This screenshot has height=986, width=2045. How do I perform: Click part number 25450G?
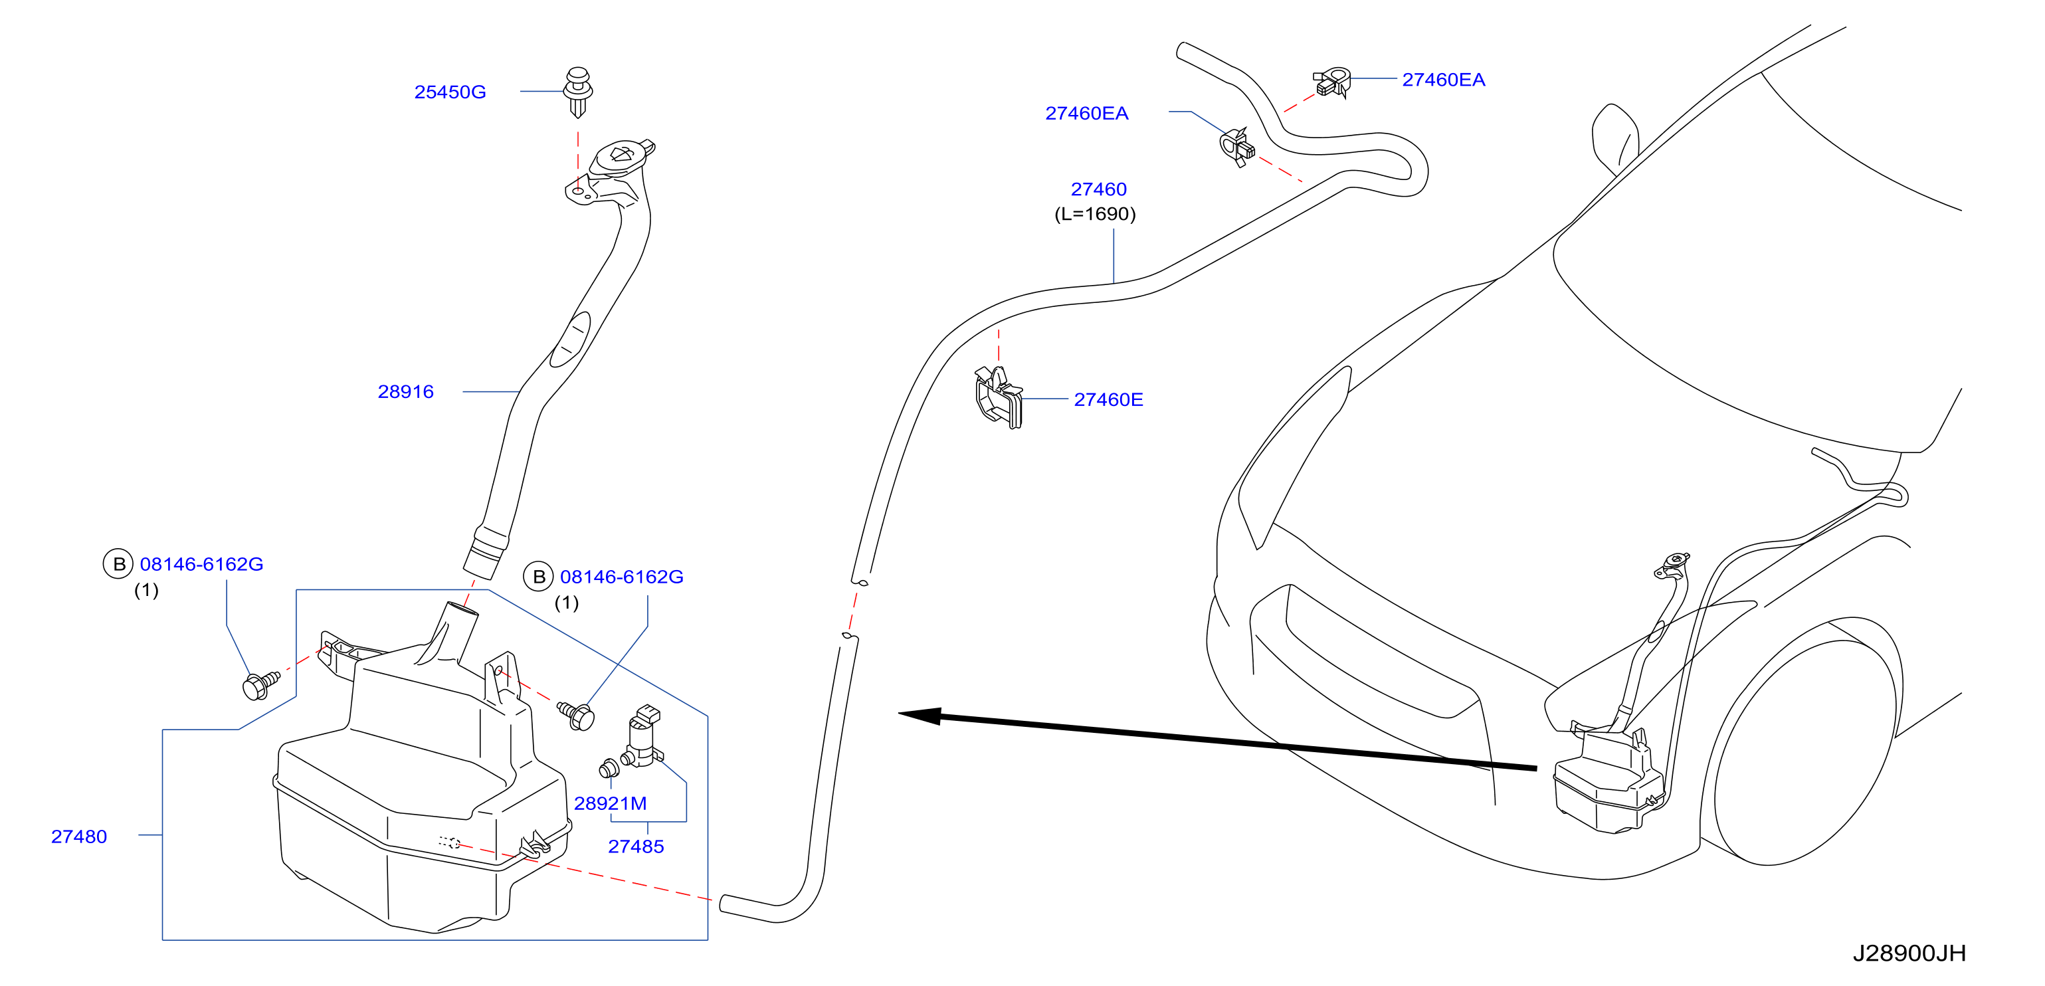pyautogui.click(x=449, y=92)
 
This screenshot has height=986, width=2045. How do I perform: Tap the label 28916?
pyautogui.click(x=406, y=391)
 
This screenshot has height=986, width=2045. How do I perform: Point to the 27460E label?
pyautogui.click(x=1108, y=399)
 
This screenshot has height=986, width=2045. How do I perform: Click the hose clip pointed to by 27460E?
pyautogui.click(x=999, y=397)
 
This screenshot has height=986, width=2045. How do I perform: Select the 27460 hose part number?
pyautogui.click(x=1099, y=189)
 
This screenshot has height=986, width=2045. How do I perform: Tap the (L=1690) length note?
pyautogui.click(x=1095, y=213)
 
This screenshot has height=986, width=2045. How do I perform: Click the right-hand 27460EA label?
pyautogui.click(x=1443, y=79)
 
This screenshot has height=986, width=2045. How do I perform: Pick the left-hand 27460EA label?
pyautogui.click(x=1086, y=114)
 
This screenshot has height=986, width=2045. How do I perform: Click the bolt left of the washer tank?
pyautogui.click(x=260, y=685)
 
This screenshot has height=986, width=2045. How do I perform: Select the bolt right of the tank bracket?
pyautogui.click(x=577, y=714)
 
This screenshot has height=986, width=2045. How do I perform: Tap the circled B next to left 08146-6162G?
pyautogui.click(x=118, y=563)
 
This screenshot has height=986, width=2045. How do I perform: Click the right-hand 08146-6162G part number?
pyautogui.click(x=622, y=576)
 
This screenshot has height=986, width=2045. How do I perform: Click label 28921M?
pyautogui.click(x=610, y=803)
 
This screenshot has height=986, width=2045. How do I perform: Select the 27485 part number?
pyautogui.click(x=636, y=846)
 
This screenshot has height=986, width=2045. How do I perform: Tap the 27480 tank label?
pyautogui.click(x=78, y=836)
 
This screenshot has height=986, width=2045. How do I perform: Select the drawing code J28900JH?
pyautogui.click(x=1909, y=953)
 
